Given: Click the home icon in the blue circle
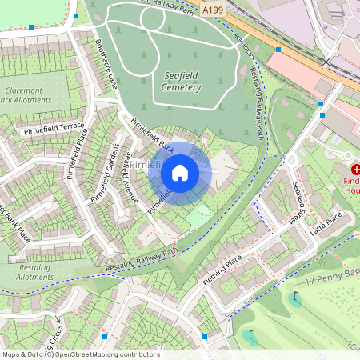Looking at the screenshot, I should click(180, 171).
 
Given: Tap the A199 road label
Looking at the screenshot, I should click(213, 10).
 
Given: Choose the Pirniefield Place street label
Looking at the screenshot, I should click(82, 151).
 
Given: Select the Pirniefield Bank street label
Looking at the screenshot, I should click(152, 137).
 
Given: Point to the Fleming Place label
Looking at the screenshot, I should click(222, 263).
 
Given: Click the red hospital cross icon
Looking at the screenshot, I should click(355, 169).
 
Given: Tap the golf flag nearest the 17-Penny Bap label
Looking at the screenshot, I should click(296, 298).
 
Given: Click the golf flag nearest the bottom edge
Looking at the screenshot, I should click(250, 336).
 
